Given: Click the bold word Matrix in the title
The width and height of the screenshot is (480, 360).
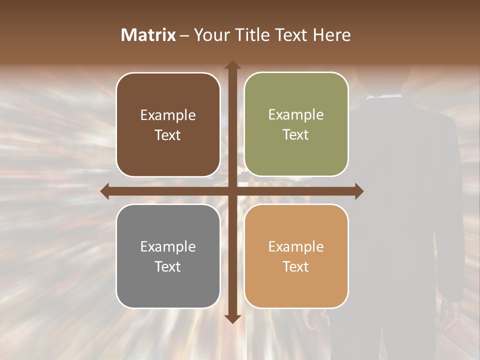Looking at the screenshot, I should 148,35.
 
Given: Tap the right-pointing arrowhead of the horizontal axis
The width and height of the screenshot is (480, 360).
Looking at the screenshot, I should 359,191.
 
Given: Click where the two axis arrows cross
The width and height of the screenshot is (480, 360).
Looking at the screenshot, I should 232,191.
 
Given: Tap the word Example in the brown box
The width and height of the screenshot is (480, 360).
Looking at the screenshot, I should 168,115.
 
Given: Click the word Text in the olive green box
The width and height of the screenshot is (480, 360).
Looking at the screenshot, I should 296,135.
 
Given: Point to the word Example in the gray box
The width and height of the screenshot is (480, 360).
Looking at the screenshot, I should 168,246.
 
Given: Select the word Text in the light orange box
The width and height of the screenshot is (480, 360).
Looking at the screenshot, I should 296,266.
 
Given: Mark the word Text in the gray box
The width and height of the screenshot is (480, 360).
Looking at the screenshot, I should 168,266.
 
